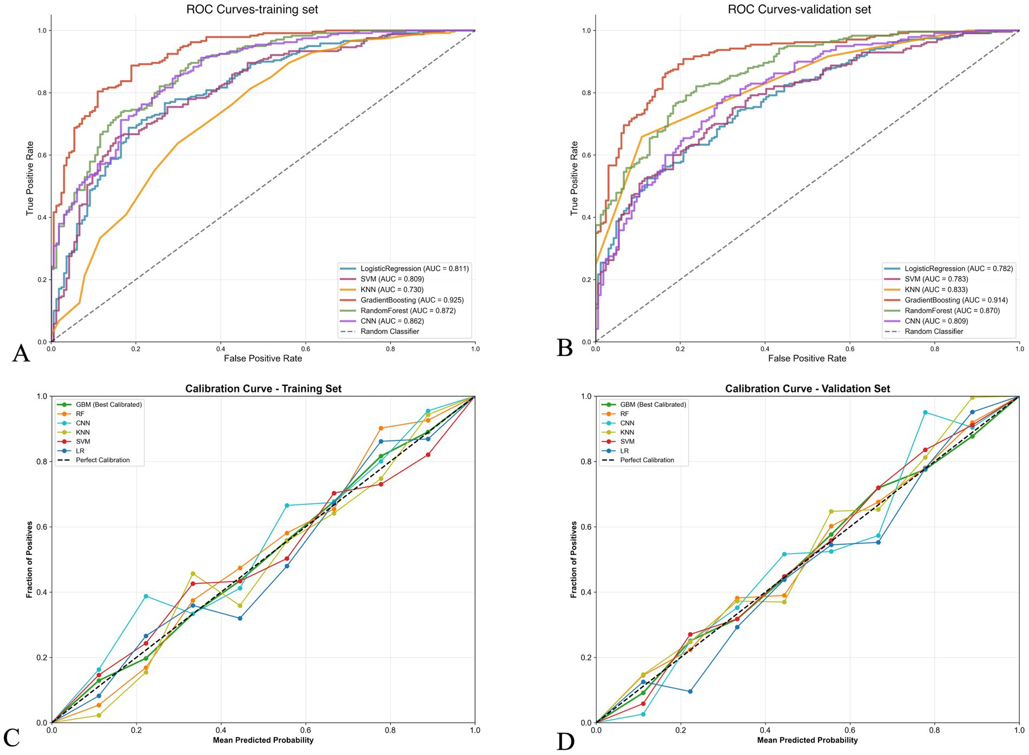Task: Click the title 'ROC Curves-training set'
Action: [252, 9]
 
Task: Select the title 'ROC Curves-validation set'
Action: [799, 9]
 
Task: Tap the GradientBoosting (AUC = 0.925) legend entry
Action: [412, 300]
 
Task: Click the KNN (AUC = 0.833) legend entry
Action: [936, 290]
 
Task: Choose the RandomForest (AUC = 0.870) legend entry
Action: [952, 311]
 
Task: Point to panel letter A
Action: [21, 353]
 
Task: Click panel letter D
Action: [565, 740]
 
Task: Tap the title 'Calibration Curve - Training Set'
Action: [263, 389]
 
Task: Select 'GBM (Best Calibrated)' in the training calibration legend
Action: [109, 404]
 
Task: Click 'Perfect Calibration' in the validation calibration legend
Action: [647, 460]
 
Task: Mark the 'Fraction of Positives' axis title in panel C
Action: [29, 560]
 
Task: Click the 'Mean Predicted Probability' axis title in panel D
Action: [807, 740]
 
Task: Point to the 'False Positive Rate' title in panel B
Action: [807, 358]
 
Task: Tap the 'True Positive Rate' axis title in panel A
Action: [30, 179]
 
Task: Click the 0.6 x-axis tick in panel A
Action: [305, 349]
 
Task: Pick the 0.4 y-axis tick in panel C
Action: [41, 592]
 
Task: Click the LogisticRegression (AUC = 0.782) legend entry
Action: [959, 268]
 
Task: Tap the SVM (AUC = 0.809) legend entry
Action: [392, 279]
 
